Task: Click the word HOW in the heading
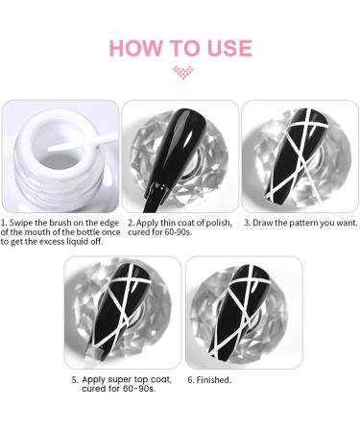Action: click(x=135, y=48)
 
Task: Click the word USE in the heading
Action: click(x=229, y=48)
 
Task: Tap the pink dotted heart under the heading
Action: click(x=182, y=72)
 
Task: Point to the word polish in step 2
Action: click(x=219, y=223)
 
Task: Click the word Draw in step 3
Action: click(x=262, y=223)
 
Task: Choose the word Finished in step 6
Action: click(x=213, y=380)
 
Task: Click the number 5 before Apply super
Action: click(x=75, y=380)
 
